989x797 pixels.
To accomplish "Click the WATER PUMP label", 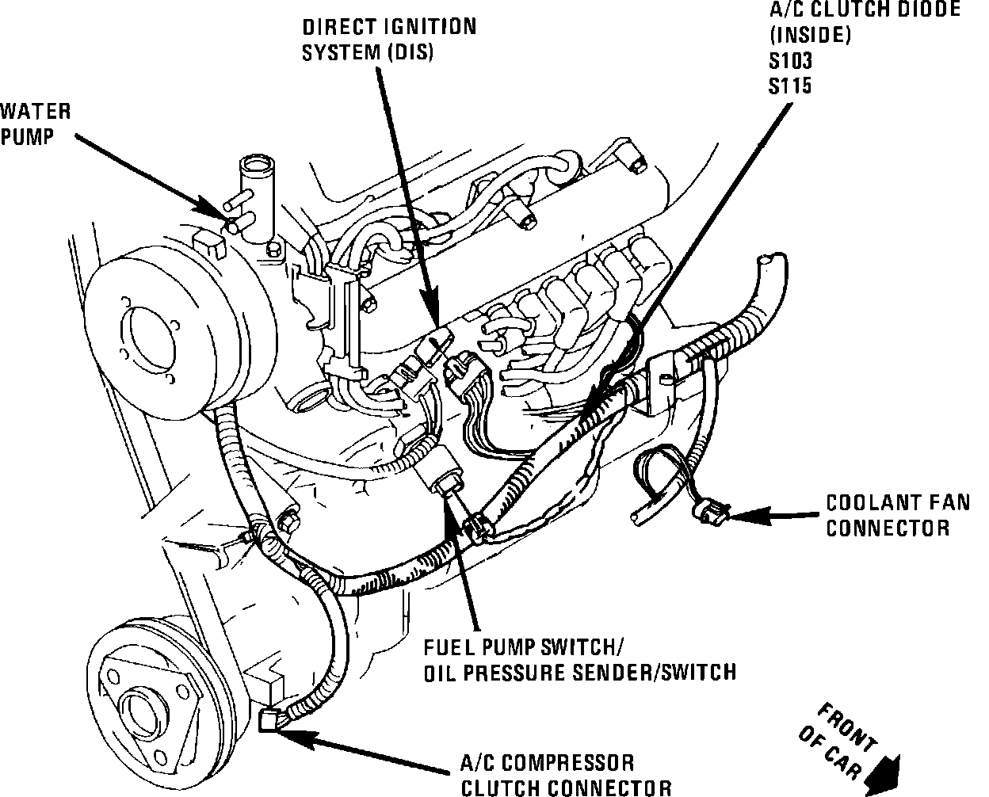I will click(36, 123).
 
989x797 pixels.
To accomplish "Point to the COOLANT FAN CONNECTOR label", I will click(888, 515).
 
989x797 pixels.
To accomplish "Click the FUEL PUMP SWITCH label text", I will click(528, 647).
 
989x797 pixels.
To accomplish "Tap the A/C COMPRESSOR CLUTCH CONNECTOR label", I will click(567, 775).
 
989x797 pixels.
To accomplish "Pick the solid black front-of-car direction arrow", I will click(885, 772).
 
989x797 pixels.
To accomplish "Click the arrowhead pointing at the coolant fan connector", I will click(739, 517).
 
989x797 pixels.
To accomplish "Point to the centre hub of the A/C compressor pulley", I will click(142, 704).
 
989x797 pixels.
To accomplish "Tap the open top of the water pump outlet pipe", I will click(255, 167).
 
